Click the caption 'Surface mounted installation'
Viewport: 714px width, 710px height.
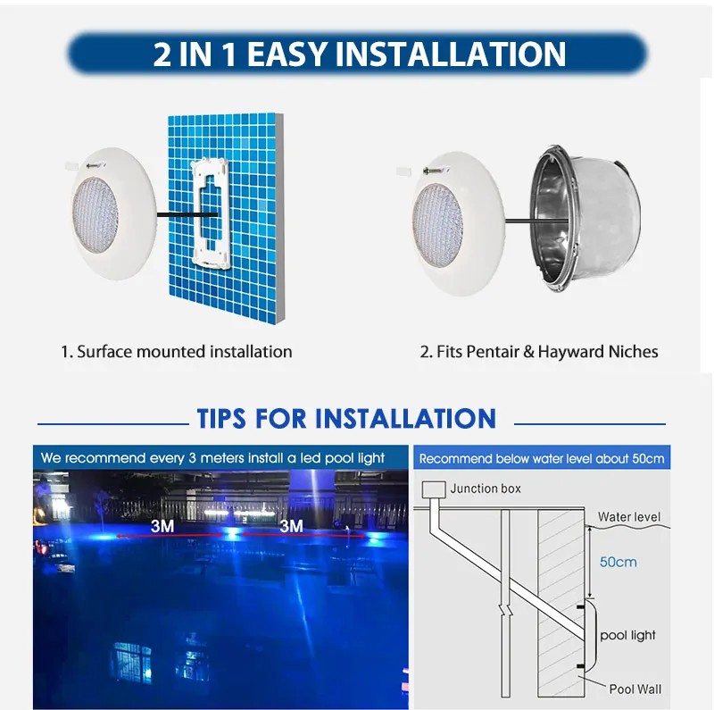tap(184, 352)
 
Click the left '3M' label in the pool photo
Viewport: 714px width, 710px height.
tap(162, 526)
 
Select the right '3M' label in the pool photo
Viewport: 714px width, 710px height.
tap(291, 526)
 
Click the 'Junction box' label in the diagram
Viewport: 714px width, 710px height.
tap(486, 489)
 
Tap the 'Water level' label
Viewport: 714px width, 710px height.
tap(628, 517)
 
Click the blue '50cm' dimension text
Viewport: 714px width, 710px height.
tap(619, 563)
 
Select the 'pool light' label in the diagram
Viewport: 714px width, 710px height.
tap(627, 635)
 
